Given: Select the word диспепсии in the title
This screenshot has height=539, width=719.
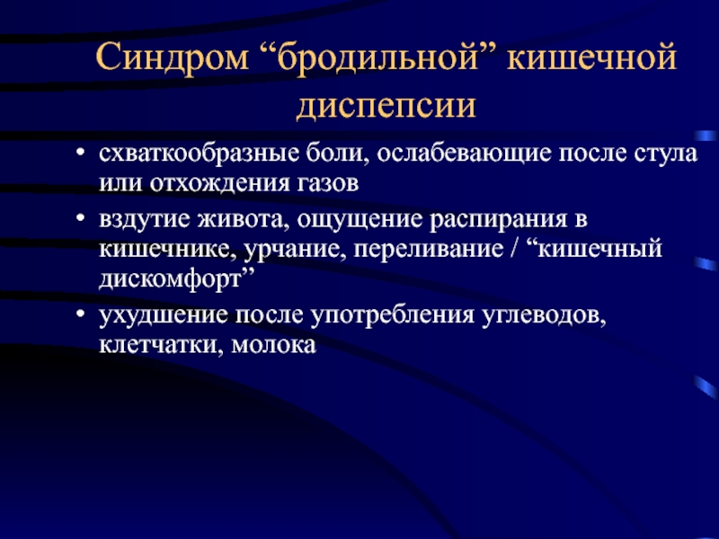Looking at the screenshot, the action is [x=386, y=106].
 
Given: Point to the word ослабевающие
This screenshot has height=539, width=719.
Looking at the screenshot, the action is [x=464, y=154].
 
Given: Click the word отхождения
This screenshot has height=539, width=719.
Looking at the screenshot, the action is [x=219, y=184].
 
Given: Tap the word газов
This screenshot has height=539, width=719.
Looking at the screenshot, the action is [x=328, y=184].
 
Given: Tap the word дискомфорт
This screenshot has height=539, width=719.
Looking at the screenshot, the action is [x=170, y=279].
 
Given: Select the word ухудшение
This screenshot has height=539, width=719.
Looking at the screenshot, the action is [x=164, y=316].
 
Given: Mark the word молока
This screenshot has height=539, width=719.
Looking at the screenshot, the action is [x=274, y=346].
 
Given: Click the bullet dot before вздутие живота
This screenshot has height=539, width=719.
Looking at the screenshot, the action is [x=81, y=218].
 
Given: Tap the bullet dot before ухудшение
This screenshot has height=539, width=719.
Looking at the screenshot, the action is [x=81, y=314].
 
